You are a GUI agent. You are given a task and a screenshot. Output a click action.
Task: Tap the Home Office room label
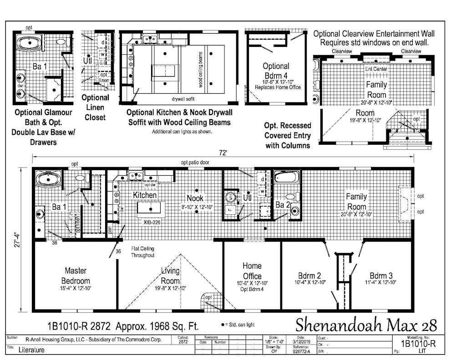point(252,271)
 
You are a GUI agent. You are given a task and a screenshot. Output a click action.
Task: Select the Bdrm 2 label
point(310,275)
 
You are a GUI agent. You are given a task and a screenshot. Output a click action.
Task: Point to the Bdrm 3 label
point(381,275)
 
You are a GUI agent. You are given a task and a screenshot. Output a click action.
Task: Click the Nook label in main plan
point(195,198)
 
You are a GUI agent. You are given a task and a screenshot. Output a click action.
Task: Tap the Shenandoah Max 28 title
point(366,325)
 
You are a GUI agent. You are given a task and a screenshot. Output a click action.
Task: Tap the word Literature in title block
point(32,350)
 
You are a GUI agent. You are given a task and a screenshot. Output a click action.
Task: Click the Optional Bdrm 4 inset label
point(276,70)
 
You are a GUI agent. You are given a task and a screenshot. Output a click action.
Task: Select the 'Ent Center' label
point(376,69)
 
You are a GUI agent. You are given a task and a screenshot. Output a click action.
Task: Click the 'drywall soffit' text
point(183,99)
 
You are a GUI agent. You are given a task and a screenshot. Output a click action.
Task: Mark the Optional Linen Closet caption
point(95,107)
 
